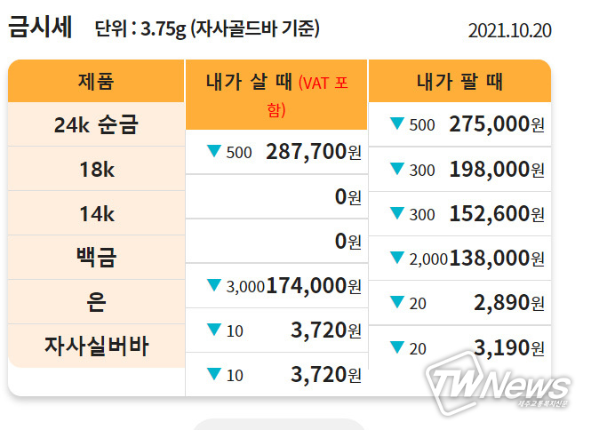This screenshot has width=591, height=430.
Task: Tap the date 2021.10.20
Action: [509, 30]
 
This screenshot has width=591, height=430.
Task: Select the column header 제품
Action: [96, 83]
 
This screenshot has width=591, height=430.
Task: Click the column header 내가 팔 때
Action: [459, 83]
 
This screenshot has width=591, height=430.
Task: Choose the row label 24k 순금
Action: [96, 125]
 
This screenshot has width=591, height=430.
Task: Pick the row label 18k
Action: [96, 169]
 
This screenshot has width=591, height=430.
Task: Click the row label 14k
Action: [96, 213]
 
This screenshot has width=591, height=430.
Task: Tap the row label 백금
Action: [96, 258]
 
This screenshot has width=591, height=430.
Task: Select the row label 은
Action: [96, 302]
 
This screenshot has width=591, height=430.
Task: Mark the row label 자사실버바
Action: [96, 346]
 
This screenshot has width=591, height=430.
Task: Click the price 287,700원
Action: [313, 152]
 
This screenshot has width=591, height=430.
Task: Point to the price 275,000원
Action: [497, 124]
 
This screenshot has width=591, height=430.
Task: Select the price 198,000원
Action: [497, 169]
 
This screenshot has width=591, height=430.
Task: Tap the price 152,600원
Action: [497, 213]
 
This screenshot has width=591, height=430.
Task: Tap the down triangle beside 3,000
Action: [213, 285]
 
